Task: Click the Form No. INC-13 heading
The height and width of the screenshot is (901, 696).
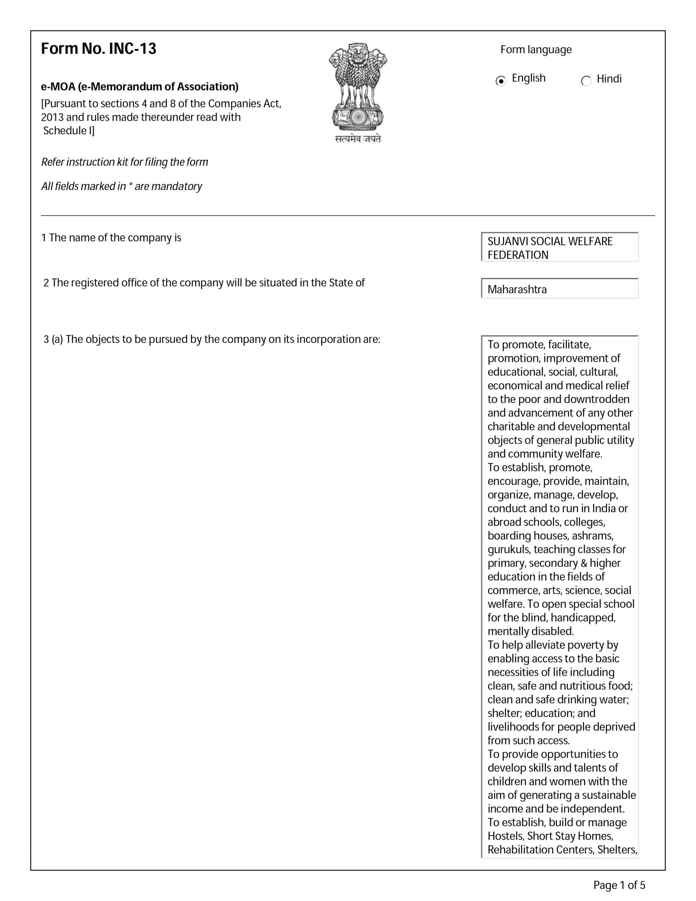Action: tap(99, 49)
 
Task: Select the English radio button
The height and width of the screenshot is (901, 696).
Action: tap(501, 81)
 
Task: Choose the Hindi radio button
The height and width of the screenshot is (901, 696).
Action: tap(586, 81)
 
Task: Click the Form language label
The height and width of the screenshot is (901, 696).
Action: tap(536, 50)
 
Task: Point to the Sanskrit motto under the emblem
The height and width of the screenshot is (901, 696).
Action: tap(358, 139)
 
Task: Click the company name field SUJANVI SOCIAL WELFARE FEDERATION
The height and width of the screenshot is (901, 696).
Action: tap(559, 247)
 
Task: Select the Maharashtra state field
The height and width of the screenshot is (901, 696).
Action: tap(559, 289)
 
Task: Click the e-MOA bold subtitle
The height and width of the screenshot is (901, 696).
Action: tap(139, 87)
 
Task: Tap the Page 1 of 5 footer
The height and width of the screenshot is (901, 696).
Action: tap(619, 885)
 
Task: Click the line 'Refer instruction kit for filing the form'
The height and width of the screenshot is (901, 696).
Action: tap(125, 162)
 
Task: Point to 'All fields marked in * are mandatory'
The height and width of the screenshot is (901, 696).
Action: tap(122, 187)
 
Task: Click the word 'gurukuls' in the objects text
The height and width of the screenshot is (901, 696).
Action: tap(509, 550)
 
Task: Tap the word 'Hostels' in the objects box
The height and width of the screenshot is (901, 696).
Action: tap(506, 836)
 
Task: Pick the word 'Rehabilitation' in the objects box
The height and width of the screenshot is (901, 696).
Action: tap(520, 850)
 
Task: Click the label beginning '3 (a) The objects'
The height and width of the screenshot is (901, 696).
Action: tap(211, 340)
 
